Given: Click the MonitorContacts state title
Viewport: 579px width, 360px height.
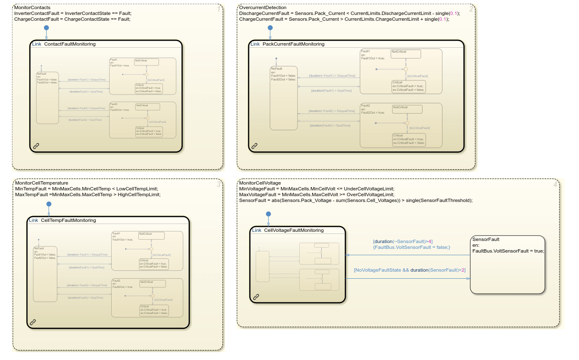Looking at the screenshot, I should pyautogui.click(x=32, y=8).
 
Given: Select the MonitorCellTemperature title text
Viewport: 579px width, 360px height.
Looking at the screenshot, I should pyautogui.click(x=42, y=183).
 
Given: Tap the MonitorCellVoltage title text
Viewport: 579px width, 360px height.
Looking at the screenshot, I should pyautogui.click(x=260, y=183).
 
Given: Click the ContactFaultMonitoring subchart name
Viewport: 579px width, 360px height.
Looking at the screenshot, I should pyautogui.click(x=70, y=44).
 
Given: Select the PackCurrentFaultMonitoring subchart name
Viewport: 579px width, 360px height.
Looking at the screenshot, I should pyautogui.click(x=293, y=44).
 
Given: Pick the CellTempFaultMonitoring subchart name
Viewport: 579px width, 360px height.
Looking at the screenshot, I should pyautogui.click(x=68, y=221).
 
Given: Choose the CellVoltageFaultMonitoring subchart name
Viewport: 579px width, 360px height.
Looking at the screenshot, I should pyautogui.click(x=293, y=231).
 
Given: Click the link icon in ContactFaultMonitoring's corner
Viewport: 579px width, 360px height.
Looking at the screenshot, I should pyautogui.click(x=36, y=146).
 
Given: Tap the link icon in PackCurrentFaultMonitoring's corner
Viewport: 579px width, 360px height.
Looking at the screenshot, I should pyautogui.click(x=254, y=146).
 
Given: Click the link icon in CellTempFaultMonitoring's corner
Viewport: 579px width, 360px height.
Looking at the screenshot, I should pyautogui.click(x=33, y=322).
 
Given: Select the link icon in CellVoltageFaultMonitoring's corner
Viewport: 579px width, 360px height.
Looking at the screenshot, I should pyautogui.click(x=256, y=297).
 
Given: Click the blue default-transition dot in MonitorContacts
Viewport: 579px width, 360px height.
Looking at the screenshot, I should pyautogui.click(x=46, y=28).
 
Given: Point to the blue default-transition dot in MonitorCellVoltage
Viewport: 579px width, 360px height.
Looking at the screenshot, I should pyautogui.click(x=268, y=214).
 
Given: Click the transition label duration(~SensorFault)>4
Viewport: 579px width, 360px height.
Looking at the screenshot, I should pyautogui.click(x=403, y=242).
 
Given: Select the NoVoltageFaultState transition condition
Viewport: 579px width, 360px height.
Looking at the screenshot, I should pyautogui.click(x=409, y=270).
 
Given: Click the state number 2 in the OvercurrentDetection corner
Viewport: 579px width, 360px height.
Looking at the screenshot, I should pyautogui.click(x=471, y=9).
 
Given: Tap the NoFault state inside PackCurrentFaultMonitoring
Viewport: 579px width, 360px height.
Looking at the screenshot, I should pyautogui.click(x=284, y=98).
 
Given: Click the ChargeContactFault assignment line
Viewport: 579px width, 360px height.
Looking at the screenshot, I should pyautogui.click(x=72, y=19).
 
